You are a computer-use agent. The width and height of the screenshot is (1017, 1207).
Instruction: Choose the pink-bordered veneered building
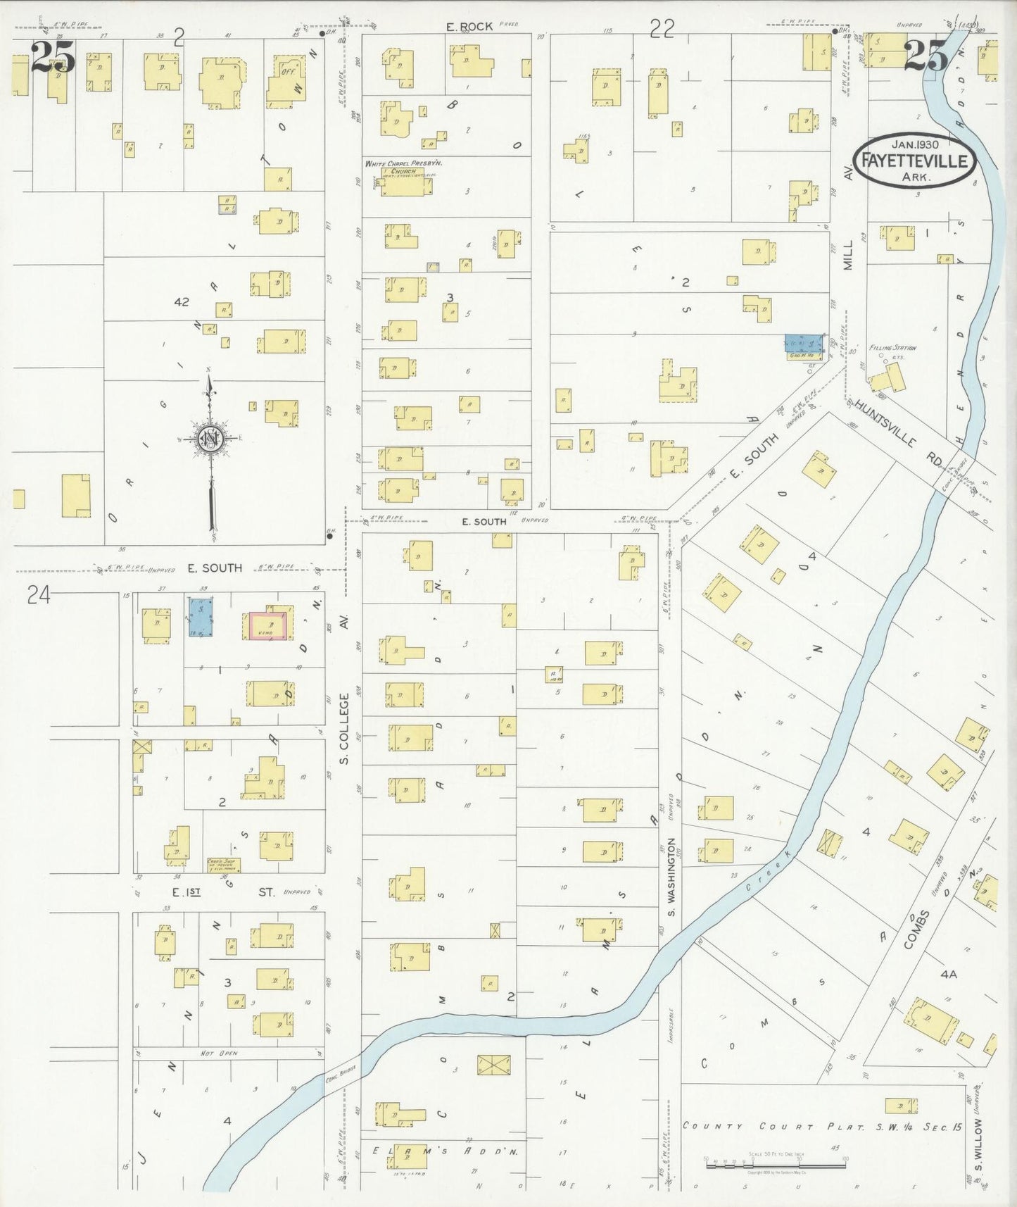tap(269, 625)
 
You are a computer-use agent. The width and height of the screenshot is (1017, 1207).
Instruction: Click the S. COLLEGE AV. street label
tap(345, 729)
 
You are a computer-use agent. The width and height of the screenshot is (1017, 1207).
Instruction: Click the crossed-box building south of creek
tap(495, 1065)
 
